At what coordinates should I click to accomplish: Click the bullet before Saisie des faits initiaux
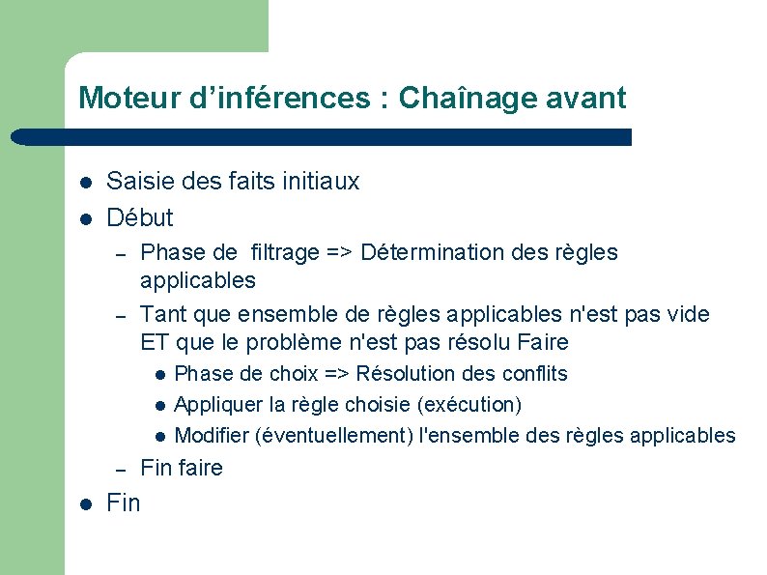(85, 182)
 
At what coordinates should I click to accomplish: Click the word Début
(140, 216)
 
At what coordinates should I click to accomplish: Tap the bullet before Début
(85, 217)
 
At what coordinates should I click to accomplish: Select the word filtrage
(284, 253)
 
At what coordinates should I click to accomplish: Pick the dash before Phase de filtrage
(121, 254)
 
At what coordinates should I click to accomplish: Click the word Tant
(163, 314)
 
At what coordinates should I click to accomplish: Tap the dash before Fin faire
(121, 470)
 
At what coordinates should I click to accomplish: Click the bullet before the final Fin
(85, 503)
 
